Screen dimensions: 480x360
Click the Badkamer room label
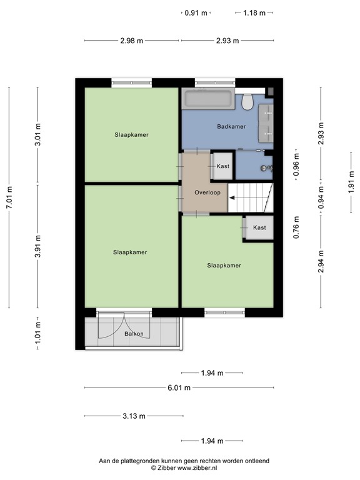click(231, 126)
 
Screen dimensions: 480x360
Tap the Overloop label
click(207, 192)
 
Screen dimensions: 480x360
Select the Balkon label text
click(134, 334)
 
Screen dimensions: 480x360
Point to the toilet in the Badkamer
click(248, 100)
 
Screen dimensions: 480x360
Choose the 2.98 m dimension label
click(132, 41)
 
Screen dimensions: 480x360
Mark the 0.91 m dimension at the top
click(196, 12)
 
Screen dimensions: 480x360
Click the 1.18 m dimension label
click(254, 12)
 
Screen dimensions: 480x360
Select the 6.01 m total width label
click(179, 387)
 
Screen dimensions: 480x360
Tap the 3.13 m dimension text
click(133, 416)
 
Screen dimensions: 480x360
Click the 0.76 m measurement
click(296, 227)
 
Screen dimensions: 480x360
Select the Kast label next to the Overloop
click(223, 166)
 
